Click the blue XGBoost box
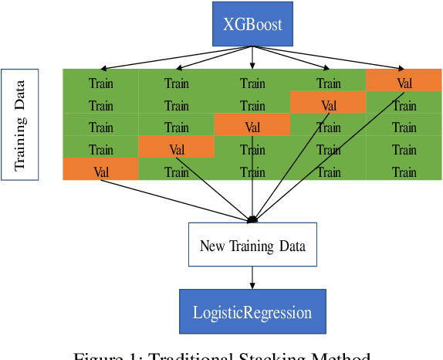click(x=252, y=24)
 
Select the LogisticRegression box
click(x=252, y=312)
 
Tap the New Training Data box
click(x=252, y=246)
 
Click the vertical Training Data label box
click(x=20, y=124)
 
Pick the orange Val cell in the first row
click(x=404, y=83)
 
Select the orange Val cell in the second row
click(x=328, y=105)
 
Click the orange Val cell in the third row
click(x=252, y=127)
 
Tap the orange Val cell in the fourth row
click(x=177, y=150)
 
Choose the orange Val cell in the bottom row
click(x=101, y=172)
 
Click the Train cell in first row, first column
click(x=101, y=83)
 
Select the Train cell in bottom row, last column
click(x=404, y=172)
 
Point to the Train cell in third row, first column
click(x=101, y=127)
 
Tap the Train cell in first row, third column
click(x=252, y=83)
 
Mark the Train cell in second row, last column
click(x=404, y=105)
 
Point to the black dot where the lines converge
click(x=252, y=220)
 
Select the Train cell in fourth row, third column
click(x=252, y=150)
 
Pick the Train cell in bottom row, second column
click(x=177, y=172)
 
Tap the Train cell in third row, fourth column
click(x=328, y=127)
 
